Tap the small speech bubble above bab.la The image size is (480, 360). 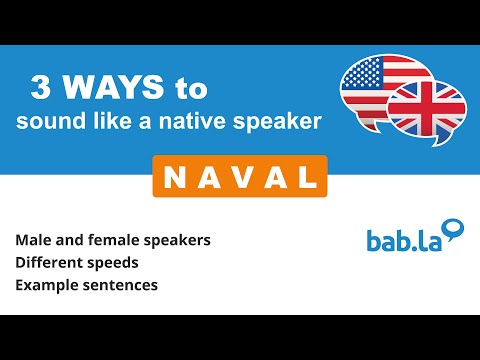[x=455, y=229]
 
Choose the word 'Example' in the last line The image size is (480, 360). [x=46, y=287]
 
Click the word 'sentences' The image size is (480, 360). [x=120, y=287]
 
